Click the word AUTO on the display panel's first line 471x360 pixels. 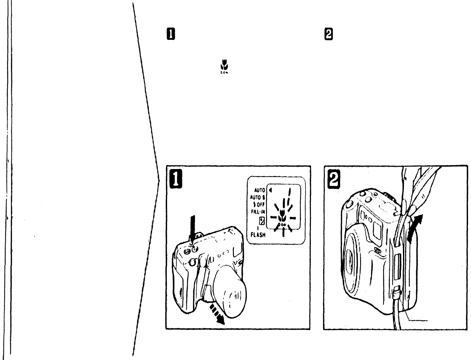click(x=260, y=190)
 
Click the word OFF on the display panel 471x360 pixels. click(x=261, y=205)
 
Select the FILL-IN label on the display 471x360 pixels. click(x=258, y=212)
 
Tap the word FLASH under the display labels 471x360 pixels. click(x=258, y=235)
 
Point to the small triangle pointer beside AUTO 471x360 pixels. click(x=271, y=190)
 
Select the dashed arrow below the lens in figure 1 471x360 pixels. click(x=218, y=316)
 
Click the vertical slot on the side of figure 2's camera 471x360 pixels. click(x=397, y=266)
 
